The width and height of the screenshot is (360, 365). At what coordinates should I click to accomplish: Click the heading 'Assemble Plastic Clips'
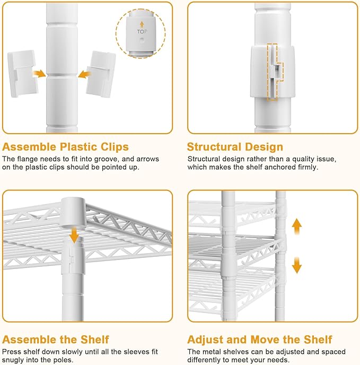click(x=65, y=147)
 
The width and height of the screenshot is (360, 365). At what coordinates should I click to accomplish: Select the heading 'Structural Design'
click(x=235, y=147)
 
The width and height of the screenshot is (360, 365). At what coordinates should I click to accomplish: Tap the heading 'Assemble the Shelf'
click(x=56, y=340)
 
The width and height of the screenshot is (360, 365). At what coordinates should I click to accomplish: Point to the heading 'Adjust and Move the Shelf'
click(x=260, y=340)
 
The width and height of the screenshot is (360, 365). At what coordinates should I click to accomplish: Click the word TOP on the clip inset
click(x=142, y=32)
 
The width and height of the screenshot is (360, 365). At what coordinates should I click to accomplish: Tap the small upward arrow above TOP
click(x=142, y=25)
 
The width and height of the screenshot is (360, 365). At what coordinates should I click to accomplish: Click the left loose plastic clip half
click(x=22, y=73)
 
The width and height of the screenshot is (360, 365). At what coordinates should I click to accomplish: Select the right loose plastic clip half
click(x=101, y=74)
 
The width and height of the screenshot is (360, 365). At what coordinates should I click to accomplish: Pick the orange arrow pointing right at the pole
click(x=39, y=74)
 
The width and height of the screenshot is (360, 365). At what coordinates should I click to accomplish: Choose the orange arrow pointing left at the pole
click(x=84, y=74)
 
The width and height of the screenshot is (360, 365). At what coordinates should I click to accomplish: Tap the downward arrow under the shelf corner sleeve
click(x=74, y=236)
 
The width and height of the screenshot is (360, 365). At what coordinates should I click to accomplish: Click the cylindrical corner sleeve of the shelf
click(x=73, y=212)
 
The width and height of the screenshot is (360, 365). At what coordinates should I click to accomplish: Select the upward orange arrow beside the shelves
click(x=297, y=227)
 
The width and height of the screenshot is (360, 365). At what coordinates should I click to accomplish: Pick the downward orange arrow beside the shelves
click(x=297, y=265)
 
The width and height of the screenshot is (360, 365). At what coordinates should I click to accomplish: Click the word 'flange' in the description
click(x=28, y=159)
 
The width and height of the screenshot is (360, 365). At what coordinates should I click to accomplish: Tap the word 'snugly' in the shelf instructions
click(x=13, y=360)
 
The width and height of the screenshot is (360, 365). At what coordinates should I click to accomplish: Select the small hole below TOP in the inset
click(x=142, y=40)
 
